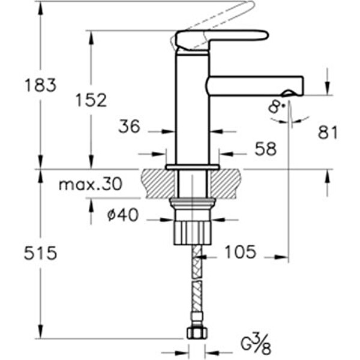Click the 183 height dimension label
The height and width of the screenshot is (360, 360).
point(41,85)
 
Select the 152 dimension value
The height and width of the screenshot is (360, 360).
point(91,100)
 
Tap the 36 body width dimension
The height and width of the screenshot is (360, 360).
point(129,127)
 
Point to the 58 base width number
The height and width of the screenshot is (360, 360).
point(265,149)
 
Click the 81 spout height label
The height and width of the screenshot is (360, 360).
point(328,133)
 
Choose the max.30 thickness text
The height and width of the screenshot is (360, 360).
point(90,184)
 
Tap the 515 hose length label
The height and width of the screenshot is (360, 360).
point(41,253)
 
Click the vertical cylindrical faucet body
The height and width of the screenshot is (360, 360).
point(193,108)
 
